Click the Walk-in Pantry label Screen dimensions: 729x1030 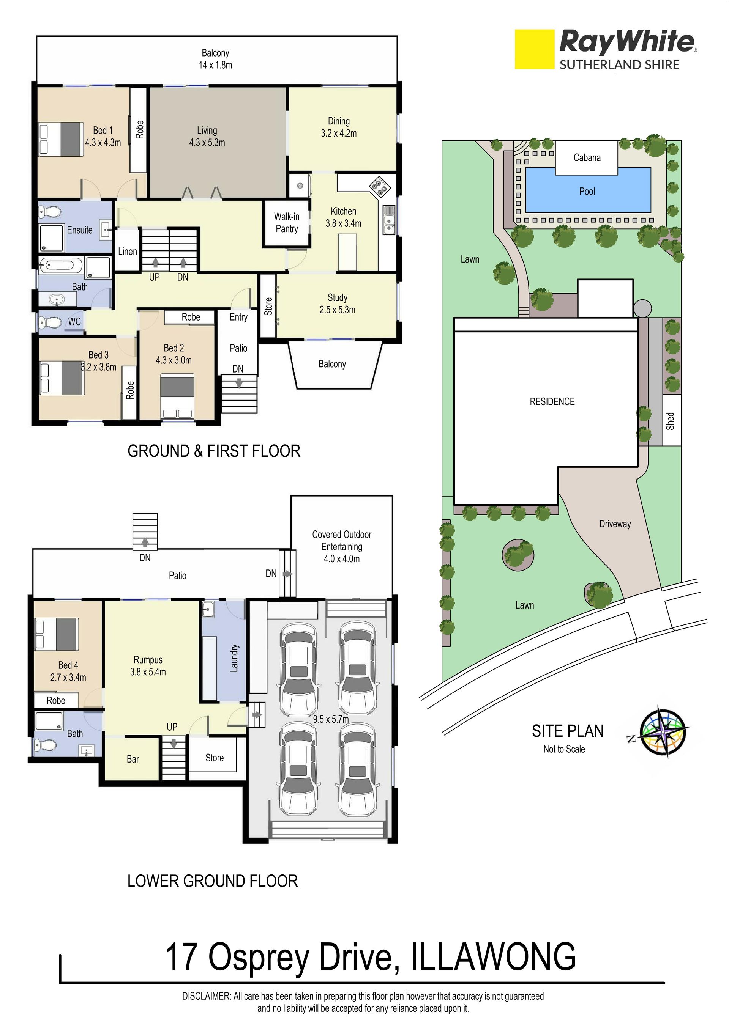coord(287,223)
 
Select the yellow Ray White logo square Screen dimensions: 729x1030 coord(534,49)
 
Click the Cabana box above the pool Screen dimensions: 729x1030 coord(587,158)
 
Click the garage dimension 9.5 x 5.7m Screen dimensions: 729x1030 coord(331,720)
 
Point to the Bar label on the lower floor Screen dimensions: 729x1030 coord(133,759)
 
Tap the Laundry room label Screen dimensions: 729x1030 coord(234,658)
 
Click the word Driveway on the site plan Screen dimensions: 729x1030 coord(615,524)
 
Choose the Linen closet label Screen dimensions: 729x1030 coord(128,251)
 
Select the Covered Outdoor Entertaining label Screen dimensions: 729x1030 coord(342,546)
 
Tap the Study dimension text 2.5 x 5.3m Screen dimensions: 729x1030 coord(337,310)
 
